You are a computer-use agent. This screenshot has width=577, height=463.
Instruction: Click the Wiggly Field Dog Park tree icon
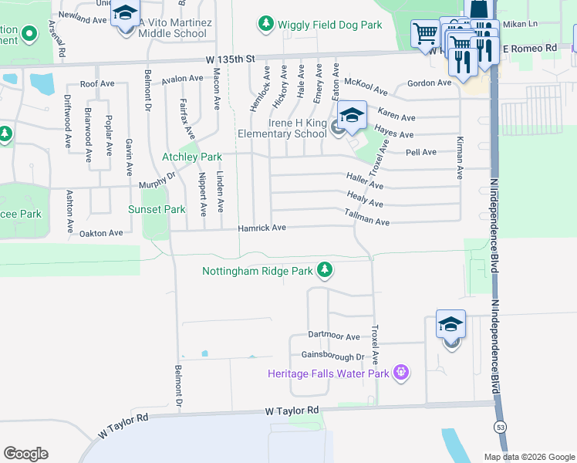266,25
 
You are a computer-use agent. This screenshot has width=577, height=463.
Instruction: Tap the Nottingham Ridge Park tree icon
326,269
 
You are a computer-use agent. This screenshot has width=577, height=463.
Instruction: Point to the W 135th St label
229,59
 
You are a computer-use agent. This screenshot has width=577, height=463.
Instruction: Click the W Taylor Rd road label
291,411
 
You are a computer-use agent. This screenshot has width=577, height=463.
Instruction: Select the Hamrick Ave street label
262,228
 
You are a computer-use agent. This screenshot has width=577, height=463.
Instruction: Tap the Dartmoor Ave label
334,337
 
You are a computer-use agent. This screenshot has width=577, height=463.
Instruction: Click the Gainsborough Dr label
332,357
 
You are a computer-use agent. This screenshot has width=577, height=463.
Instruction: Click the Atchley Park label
191,157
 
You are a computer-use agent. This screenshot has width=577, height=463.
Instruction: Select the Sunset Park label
157,209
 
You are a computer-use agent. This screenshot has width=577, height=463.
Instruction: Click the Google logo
25,453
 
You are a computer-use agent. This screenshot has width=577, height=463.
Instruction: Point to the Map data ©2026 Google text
528,456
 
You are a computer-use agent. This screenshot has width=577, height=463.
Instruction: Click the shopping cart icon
424,35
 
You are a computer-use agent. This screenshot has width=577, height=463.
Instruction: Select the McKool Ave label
364,82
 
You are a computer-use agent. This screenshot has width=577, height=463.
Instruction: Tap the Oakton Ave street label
100,232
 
